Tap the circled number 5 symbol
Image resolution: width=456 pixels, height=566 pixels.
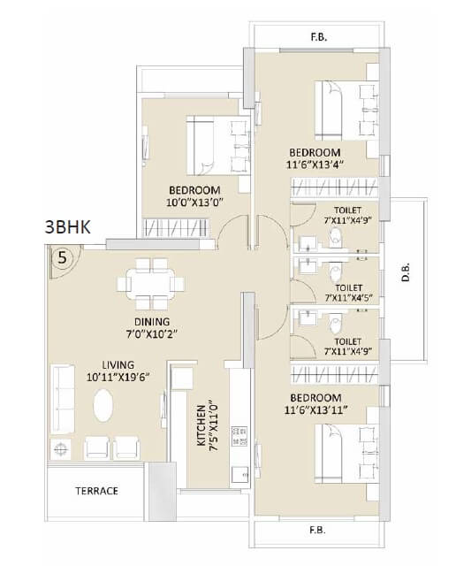[x=61, y=258]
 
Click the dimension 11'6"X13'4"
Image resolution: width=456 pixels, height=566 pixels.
[x=314, y=164]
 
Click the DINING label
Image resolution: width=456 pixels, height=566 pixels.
[x=152, y=321]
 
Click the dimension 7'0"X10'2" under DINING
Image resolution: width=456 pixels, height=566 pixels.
[x=152, y=334]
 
